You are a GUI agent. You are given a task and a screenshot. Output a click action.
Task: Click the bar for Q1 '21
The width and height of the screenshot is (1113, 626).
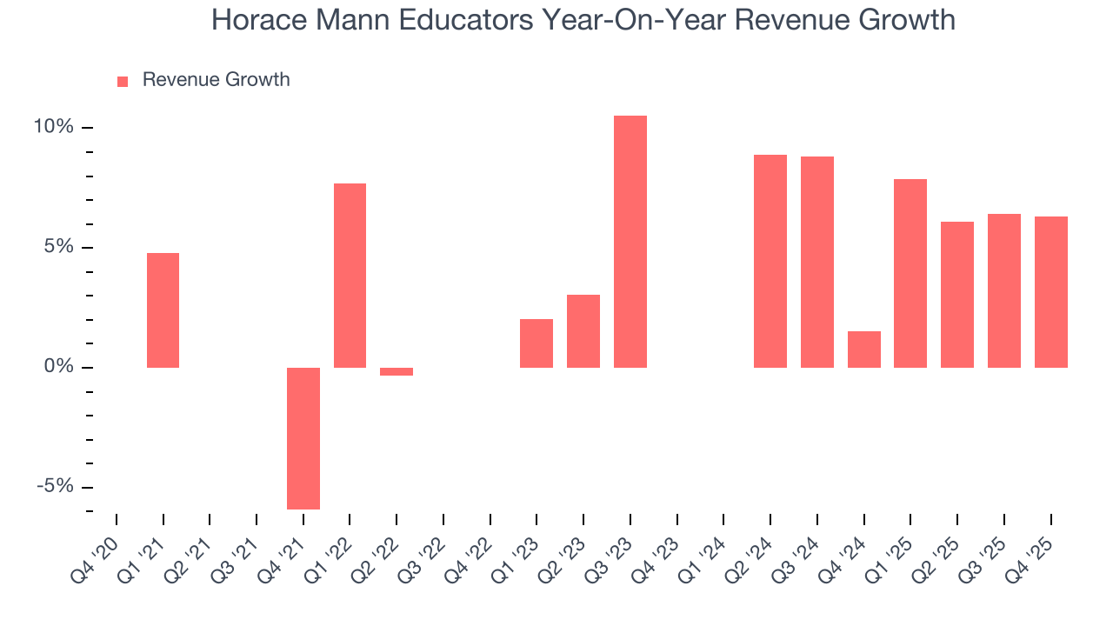(163, 310)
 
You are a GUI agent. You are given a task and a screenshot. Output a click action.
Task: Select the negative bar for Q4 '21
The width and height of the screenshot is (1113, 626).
(303, 438)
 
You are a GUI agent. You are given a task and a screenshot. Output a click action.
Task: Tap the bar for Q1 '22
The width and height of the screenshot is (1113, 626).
(350, 276)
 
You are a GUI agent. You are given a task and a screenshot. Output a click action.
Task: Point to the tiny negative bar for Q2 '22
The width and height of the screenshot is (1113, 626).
(397, 372)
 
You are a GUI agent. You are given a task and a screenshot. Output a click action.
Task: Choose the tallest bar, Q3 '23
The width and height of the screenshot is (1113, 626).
(630, 242)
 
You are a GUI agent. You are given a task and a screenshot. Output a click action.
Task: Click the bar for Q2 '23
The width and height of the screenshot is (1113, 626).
(583, 331)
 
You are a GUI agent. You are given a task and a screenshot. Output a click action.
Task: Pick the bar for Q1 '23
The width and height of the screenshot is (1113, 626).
(537, 343)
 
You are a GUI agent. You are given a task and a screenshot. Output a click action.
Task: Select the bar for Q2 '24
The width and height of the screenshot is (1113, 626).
(770, 261)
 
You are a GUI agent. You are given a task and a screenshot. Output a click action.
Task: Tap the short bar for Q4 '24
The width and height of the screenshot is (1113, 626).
(864, 350)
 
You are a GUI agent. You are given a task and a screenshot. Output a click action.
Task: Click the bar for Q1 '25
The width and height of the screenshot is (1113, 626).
(910, 273)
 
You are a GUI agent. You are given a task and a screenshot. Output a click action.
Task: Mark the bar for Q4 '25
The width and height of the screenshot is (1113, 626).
(1051, 292)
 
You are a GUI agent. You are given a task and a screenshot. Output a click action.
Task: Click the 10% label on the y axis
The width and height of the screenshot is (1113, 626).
(54, 127)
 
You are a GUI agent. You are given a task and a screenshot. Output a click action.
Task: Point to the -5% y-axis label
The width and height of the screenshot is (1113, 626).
(54, 487)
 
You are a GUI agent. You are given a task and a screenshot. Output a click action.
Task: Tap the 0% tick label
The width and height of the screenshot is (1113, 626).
(59, 367)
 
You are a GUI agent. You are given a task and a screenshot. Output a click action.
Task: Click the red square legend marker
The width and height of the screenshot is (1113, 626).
(123, 81)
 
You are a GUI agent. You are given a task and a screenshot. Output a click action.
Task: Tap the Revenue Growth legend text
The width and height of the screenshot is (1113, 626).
(216, 80)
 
